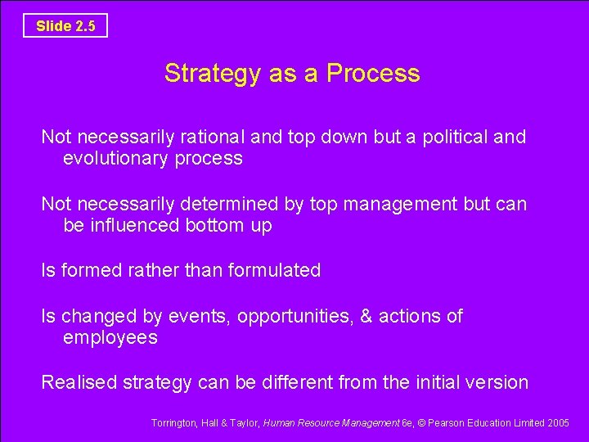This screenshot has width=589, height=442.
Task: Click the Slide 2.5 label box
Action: point(65,25)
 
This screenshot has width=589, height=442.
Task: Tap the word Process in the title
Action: point(373,74)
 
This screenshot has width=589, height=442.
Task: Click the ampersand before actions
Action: point(365,316)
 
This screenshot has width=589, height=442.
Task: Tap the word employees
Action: point(110,338)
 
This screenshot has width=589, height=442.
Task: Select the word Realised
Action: point(79,382)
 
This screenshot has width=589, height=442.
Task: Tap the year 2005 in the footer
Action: point(560,423)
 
